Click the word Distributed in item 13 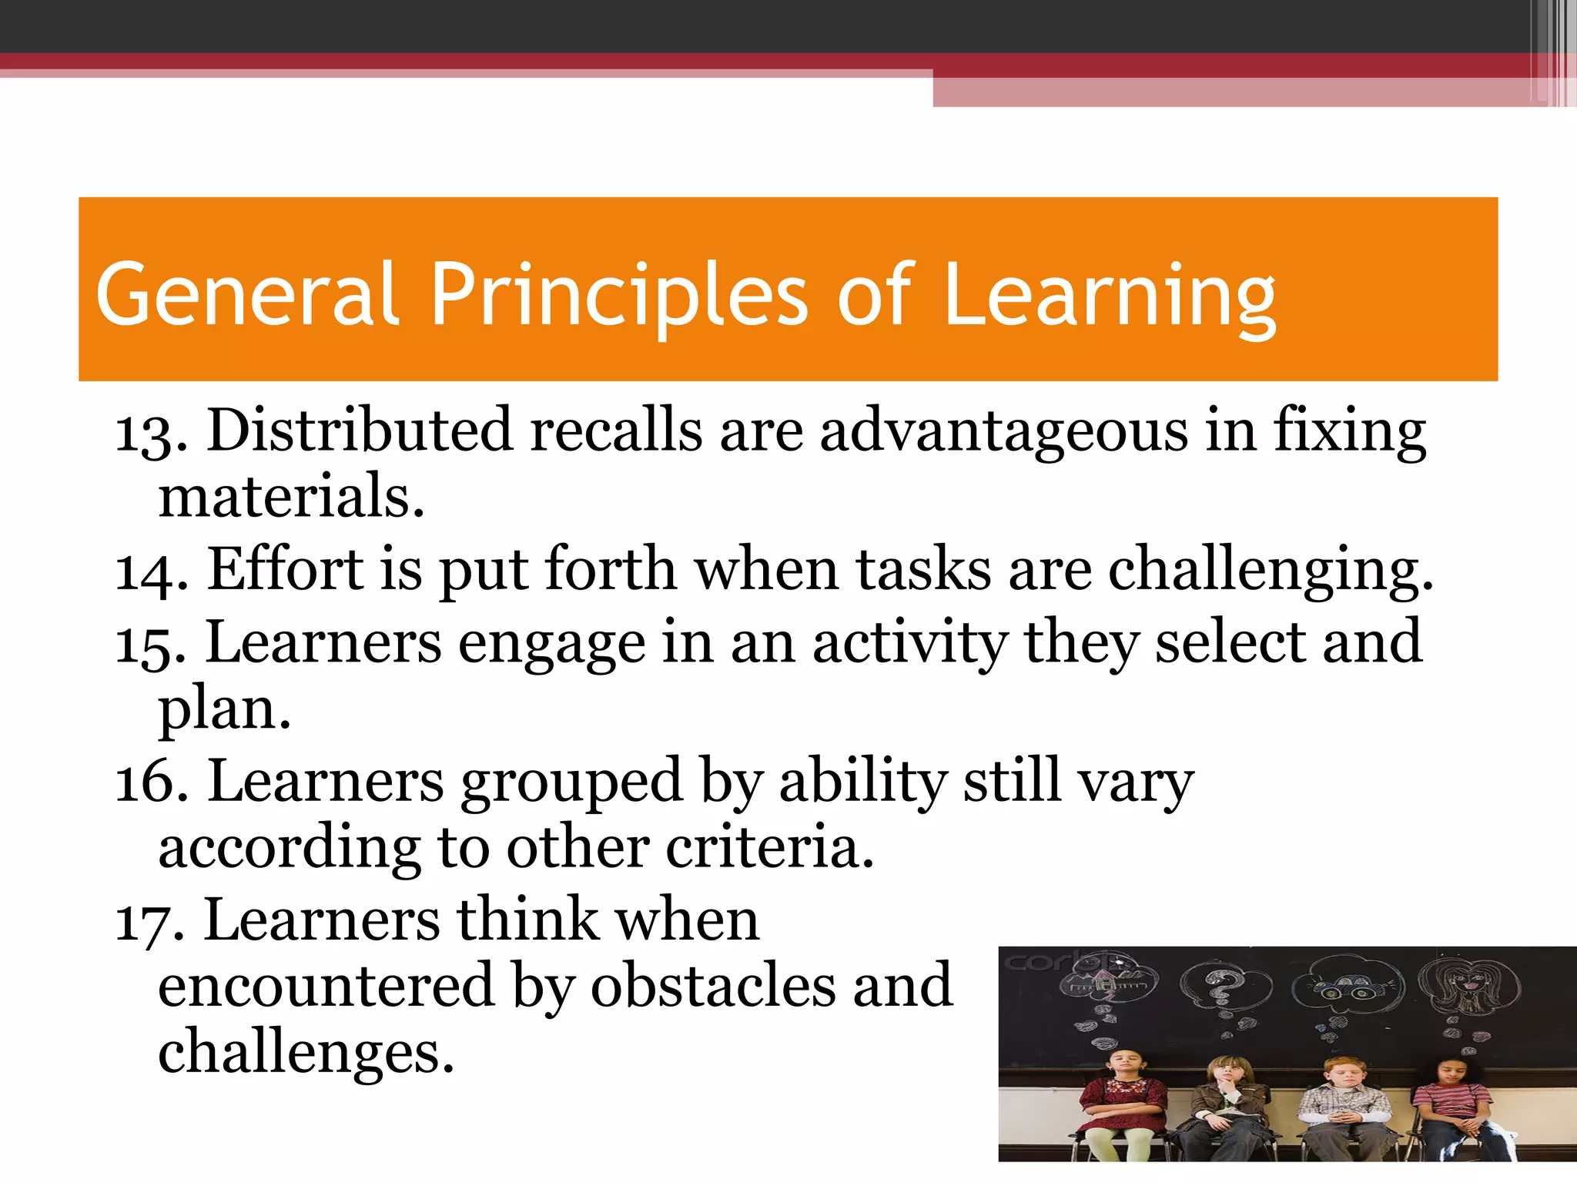point(359,430)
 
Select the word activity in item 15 point(909,643)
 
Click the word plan point(223,709)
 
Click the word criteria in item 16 point(769,847)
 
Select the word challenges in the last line point(305,1052)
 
